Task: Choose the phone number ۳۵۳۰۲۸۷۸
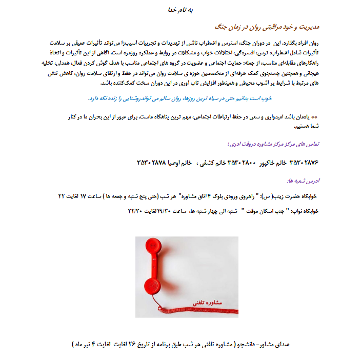tap(152, 163)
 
